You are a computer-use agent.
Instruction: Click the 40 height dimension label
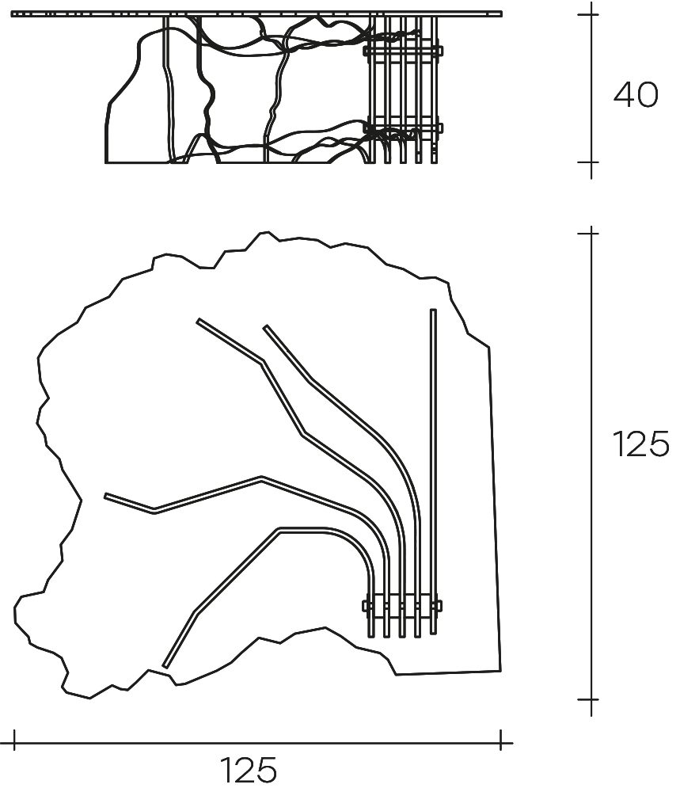coord(636,95)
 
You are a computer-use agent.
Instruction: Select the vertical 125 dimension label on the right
coord(641,444)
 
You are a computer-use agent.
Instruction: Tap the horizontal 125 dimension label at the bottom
coord(249,770)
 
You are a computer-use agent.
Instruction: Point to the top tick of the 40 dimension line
coord(591,14)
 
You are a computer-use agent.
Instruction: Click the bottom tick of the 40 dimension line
coord(591,162)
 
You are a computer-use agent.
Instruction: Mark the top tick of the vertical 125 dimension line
coord(591,233)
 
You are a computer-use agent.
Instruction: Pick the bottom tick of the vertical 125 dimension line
coord(591,699)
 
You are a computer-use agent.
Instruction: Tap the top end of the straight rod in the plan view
coord(433,310)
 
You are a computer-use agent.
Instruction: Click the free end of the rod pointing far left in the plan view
coord(106,496)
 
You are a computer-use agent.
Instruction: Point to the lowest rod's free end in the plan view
coord(165,666)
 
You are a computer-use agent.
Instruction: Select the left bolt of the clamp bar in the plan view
coord(367,605)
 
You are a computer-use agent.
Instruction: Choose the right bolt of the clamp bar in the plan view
coord(437,605)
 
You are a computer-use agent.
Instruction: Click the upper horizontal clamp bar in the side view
coord(403,51)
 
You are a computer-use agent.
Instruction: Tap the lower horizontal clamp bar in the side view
coord(403,128)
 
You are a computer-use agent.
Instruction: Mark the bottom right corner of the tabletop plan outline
coord(500,672)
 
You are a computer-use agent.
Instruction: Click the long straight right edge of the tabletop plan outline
coord(495,509)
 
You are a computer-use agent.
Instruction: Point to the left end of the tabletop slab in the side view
coord(12,14)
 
